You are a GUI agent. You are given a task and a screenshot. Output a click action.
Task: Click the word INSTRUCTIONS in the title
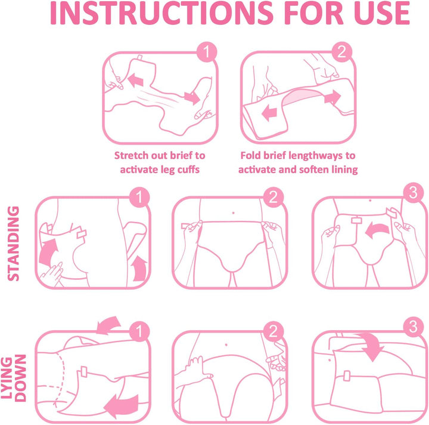click(161, 13)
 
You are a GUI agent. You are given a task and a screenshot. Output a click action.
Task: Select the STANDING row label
click(13, 244)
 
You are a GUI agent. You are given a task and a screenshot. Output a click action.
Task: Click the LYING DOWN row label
click(13, 378)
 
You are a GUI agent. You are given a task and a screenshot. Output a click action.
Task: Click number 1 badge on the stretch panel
click(207, 52)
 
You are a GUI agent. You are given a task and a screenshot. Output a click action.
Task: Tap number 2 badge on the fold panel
click(342, 52)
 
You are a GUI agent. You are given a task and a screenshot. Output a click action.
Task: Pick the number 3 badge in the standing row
click(414, 193)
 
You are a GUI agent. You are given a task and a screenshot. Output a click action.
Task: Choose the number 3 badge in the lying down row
click(414, 327)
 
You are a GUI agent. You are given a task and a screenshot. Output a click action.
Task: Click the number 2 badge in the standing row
click(273, 197)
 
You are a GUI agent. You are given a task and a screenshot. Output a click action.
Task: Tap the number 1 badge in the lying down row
click(139, 331)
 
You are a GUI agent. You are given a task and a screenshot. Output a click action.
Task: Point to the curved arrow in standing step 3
click(377, 230)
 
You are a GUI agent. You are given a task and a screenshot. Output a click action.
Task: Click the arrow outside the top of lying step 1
click(108, 325)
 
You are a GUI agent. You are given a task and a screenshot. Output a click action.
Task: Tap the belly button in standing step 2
click(233, 213)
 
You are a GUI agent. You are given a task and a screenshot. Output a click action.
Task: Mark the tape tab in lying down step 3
click(347, 375)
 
